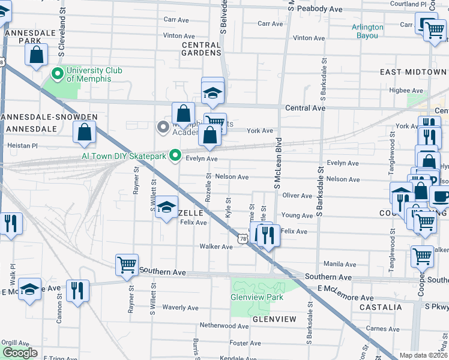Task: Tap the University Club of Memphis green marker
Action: [x=58, y=74]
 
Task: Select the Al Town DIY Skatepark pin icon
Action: [x=175, y=155]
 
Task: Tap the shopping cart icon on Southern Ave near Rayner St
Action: [x=127, y=264]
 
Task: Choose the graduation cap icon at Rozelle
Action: [x=167, y=208]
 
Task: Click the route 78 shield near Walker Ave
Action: [x=242, y=239]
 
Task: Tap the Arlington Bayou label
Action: [x=367, y=31]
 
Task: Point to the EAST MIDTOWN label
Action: [x=413, y=72]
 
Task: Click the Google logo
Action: [x=20, y=353]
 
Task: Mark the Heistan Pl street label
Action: [x=22, y=145]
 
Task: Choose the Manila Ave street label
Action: [x=340, y=264]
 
